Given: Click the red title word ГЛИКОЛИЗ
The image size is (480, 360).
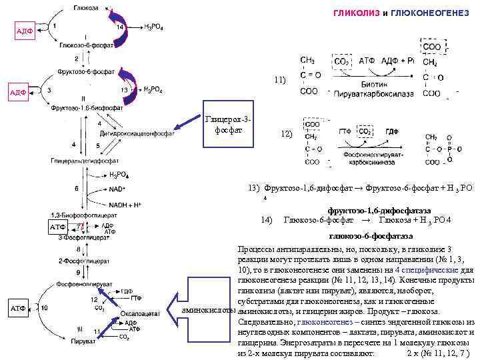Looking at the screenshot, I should click(355, 14).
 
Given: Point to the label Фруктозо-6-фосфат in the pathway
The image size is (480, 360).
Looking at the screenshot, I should click(86, 70).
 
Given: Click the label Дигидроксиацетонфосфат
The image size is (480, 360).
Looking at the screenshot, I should click(136, 132).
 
